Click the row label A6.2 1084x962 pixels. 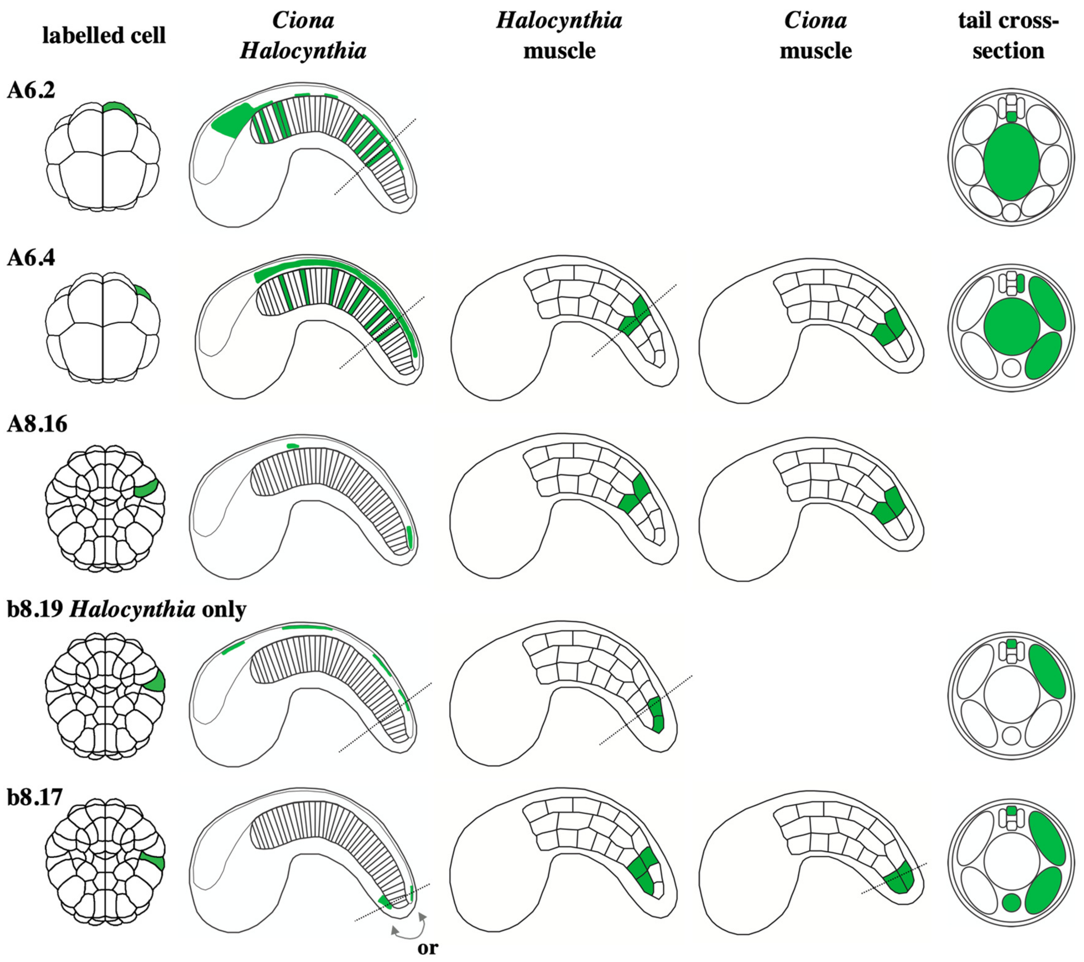pos(31,90)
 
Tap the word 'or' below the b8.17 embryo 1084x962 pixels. pos(427,948)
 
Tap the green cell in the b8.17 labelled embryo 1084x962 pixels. pos(154,862)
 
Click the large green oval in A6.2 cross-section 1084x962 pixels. pos(1011,162)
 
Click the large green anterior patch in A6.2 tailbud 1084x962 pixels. pos(232,121)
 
